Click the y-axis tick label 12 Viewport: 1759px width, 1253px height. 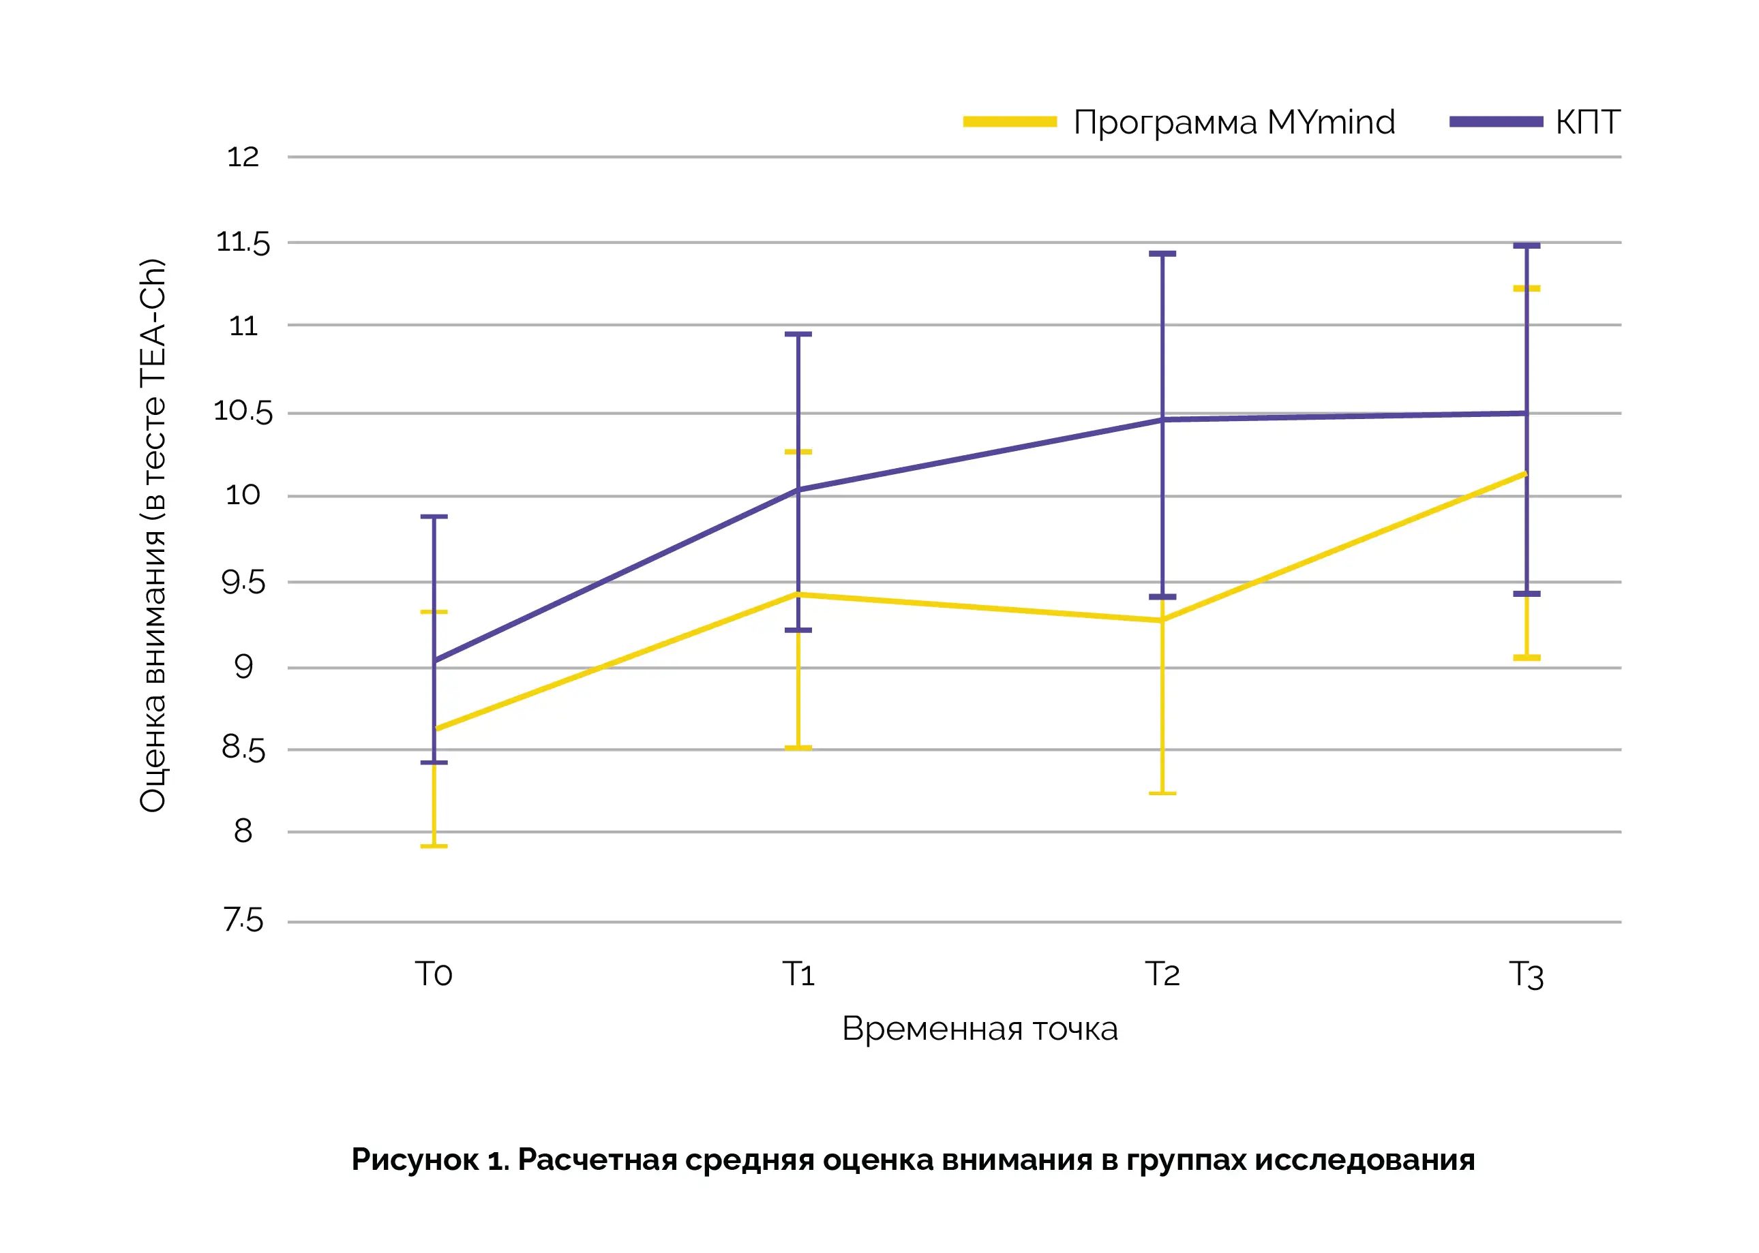click(x=242, y=157)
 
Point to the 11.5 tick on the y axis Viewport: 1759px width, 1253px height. click(x=242, y=243)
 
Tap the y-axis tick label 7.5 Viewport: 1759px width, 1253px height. click(x=242, y=921)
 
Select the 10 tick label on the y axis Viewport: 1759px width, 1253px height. click(x=242, y=495)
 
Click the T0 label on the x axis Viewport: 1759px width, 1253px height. click(x=433, y=974)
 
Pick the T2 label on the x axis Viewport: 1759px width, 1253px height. click(x=1162, y=974)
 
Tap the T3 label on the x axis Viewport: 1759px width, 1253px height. click(x=1526, y=975)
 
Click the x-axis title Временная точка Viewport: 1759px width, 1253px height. click(x=980, y=1030)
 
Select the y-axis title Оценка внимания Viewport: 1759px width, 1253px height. click(x=153, y=535)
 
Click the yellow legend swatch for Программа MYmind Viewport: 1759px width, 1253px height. click(x=1010, y=122)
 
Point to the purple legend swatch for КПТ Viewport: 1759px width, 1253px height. click(x=1496, y=122)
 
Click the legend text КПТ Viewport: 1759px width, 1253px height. click(x=1587, y=122)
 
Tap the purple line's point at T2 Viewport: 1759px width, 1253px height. click(x=1162, y=420)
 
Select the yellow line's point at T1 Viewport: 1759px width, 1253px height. click(x=798, y=594)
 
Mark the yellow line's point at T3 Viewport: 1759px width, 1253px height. click(x=1526, y=473)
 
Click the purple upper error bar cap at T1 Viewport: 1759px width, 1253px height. click(x=798, y=334)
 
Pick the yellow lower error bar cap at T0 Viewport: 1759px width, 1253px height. click(x=434, y=846)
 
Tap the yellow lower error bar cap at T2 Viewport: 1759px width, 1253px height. click(x=1162, y=793)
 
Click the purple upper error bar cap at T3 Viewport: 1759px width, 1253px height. click(x=1527, y=246)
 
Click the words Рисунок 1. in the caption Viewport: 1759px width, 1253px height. click(x=430, y=1160)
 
